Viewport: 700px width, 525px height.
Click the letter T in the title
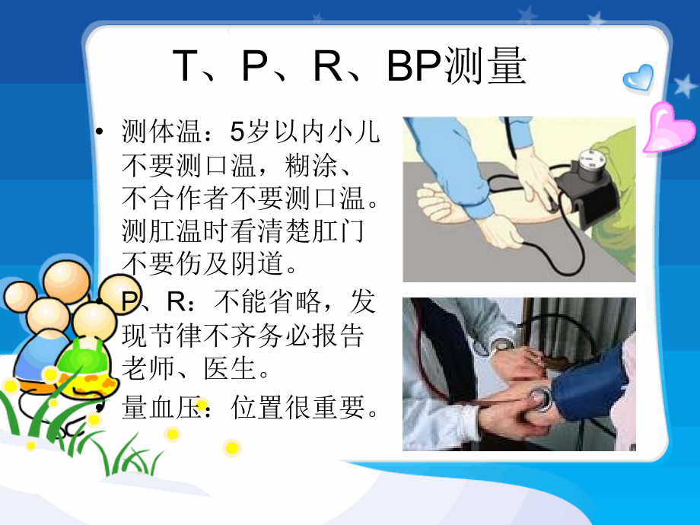186,67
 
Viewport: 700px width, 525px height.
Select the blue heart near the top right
637,78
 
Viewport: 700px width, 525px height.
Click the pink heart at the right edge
668,128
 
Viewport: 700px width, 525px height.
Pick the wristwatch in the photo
503,345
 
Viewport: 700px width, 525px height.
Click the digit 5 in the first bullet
237,132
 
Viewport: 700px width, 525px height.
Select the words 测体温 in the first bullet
159,132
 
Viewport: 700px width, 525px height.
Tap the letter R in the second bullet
176,303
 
